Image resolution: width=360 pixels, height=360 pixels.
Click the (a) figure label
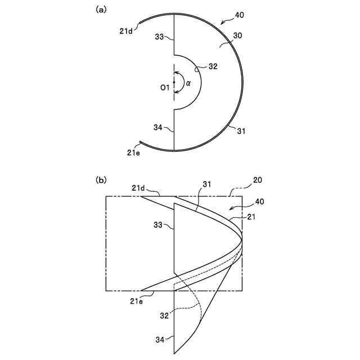pos(102,9)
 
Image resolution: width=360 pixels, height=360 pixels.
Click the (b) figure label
pos(102,180)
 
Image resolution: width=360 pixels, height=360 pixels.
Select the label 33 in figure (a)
pos(159,37)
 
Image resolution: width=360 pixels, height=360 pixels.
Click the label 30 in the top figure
pos(237,35)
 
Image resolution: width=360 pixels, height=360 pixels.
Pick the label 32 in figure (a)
pos(213,66)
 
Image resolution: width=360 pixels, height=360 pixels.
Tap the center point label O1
pos(164,87)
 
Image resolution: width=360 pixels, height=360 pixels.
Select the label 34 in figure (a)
pos(159,128)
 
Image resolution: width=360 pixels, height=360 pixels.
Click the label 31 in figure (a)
pos(241,131)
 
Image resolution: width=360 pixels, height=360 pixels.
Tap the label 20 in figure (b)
pos(257,181)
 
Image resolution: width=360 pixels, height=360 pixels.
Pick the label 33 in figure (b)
pos(159,225)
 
